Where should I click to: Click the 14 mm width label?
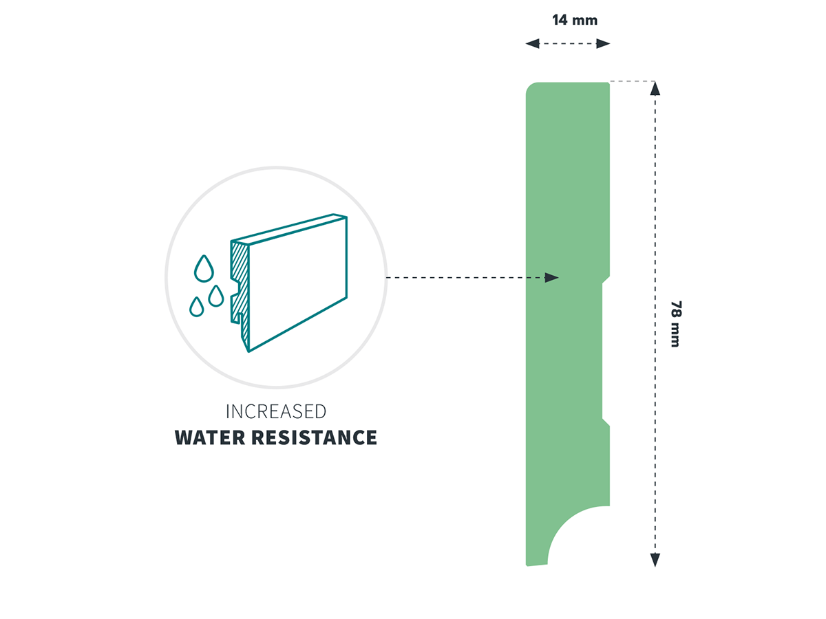574,20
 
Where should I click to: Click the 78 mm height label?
676,323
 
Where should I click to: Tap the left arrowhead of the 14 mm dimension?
532,43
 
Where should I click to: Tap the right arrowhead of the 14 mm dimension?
603,43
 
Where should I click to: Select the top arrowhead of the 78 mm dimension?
655,89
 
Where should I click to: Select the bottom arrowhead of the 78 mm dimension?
655,560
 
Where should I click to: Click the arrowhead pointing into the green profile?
551,277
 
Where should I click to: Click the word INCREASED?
276,411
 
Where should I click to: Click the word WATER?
210,437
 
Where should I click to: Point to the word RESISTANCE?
314,437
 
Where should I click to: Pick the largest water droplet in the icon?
204,268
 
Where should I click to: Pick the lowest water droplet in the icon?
196,307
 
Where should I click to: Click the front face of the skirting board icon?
297,284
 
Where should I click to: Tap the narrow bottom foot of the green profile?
537,556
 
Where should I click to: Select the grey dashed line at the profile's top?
632,80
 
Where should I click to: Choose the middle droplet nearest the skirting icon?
216,296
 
